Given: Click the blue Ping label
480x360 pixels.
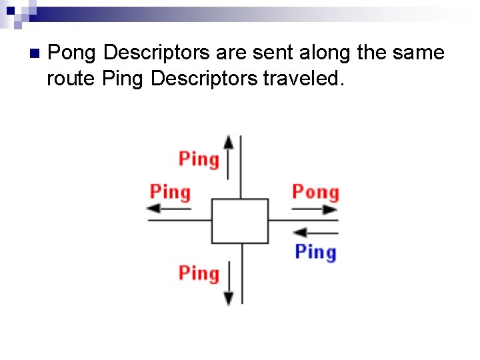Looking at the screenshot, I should coord(315,252).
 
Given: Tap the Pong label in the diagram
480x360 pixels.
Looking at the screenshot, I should coord(315,192).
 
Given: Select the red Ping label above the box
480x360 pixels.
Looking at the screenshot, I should coord(199,159).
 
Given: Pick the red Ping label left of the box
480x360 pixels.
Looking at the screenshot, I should coord(170,192).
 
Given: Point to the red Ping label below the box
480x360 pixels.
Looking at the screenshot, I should coord(199,273).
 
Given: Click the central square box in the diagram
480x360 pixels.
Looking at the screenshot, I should coord(240,221).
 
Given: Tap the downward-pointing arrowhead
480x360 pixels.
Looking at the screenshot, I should coord(229,298).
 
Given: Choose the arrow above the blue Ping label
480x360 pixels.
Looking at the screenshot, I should coord(315,233).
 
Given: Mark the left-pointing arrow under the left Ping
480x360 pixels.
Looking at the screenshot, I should coord(169,209).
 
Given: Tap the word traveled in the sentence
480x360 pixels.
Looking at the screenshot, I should coord(304,79).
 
